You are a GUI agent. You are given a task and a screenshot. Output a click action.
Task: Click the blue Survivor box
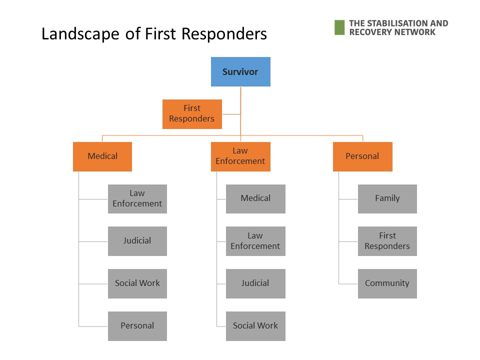click(x=240, y=71)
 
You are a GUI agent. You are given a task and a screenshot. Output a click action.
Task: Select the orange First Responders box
click(x=192, y=114)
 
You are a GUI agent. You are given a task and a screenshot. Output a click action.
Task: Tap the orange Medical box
click(x=102, y=156)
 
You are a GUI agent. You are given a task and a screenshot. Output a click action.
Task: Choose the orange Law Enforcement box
click(x=240, y=156)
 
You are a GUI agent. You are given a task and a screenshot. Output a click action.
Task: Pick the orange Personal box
click(x=363, y=156)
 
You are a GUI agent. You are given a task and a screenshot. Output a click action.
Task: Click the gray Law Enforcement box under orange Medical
click(x=137, y=199)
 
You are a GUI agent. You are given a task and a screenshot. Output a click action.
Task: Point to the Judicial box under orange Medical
click(x=137, y=241)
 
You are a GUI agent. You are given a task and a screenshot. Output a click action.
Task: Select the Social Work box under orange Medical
click(x=137, y=284)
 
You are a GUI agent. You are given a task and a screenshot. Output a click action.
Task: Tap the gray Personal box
click(x=137, y=326)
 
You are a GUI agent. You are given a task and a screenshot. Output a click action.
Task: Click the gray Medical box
click(x=255, y=199)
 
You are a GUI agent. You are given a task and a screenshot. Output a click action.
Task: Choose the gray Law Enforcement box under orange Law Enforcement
click(x=255, y=241)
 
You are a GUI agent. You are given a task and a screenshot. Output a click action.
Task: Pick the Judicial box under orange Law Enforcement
click(x=255, y=284)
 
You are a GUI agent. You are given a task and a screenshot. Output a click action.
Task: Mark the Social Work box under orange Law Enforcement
click(x=255, y=326)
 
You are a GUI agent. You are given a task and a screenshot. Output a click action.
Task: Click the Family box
click(x=387, y=199)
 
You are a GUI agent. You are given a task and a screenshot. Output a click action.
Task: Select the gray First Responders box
click(x=387, y=241)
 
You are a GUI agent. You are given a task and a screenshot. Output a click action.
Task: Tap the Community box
click(x=387, y=284)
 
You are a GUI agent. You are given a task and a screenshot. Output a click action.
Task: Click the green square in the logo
click(x=339, y=27)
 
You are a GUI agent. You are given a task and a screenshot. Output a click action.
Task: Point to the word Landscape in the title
click(x=80, y=34)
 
